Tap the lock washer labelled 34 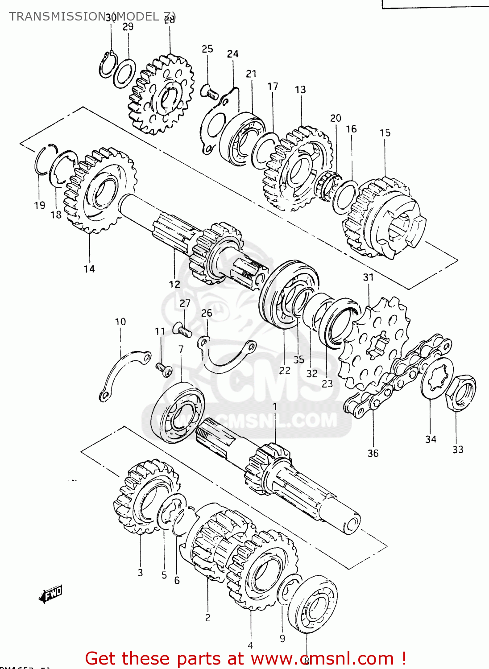[436, 377]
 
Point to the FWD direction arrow [51, 594]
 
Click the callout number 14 [89, 268]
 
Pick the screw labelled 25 [209, 91]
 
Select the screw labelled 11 [164, 369]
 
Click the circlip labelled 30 [108, 65]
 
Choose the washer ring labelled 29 [124, 73]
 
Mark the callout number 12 [174, 284]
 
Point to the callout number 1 [275, 406]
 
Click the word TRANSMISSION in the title [56, 17]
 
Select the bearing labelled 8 [312, 604]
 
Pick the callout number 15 [385, 132]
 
